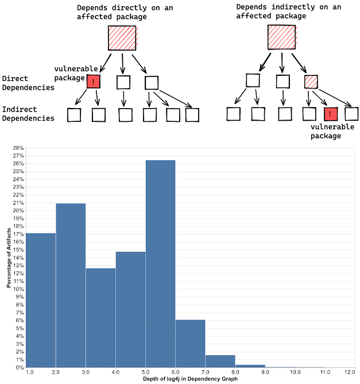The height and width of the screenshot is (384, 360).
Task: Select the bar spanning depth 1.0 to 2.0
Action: coord(41,299)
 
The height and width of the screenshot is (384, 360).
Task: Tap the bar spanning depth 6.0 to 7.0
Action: coord(190,343)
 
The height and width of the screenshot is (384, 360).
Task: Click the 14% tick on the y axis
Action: coord(18,258)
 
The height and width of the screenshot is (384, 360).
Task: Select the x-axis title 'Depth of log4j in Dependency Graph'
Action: coord(190,379)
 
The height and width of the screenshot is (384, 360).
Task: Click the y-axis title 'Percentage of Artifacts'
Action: coord(9,258)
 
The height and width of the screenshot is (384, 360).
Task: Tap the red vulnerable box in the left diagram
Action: coord(94,82)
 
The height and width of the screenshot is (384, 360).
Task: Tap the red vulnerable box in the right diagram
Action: coord(330,114)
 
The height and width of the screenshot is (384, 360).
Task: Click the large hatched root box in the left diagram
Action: coord(122,38)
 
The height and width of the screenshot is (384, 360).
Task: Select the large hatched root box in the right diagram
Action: coord(281,36)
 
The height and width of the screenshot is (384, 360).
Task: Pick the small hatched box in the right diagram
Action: coord(311,82)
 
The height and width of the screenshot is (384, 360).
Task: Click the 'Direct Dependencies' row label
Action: coord(28,83)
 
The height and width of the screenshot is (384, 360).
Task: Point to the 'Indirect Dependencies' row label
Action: coord(28,114)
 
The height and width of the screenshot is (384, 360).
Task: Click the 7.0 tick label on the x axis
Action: coord(205,373)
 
